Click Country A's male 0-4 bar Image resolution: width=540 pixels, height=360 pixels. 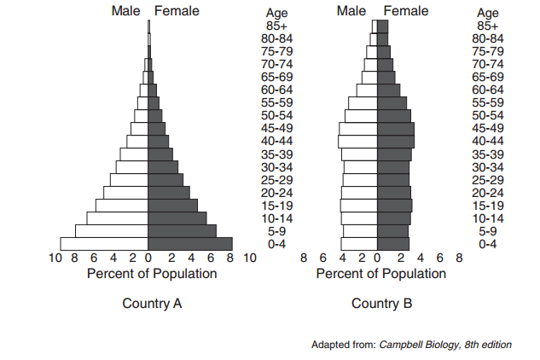104,244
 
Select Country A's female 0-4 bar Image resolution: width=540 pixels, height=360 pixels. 190,244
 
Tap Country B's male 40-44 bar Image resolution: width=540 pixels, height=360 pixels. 357,141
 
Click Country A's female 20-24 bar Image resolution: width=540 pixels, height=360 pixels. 169,193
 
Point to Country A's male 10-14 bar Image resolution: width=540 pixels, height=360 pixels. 118,218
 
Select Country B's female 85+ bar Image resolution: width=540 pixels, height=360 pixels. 382,26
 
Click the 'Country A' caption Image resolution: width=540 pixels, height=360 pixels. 152,304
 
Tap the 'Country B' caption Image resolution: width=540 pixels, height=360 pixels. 381,304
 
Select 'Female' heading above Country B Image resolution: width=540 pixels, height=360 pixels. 406,11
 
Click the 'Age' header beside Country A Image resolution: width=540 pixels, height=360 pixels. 277,13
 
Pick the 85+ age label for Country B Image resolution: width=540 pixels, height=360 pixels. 488,26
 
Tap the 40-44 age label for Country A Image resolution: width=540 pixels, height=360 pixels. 277,141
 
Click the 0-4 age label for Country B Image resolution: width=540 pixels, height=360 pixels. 488,244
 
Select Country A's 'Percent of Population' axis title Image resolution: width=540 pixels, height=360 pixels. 152,274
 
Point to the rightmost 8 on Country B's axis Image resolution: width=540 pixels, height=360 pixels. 459,258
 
